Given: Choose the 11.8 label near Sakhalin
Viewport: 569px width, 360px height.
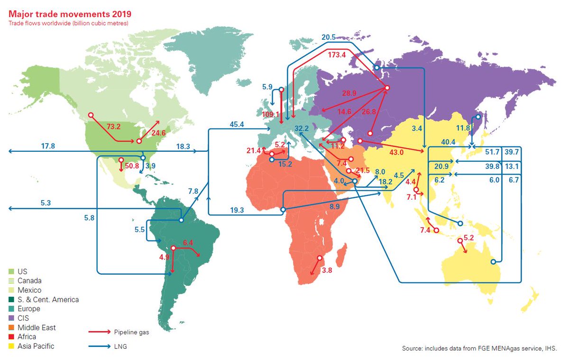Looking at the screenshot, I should pos(463,128).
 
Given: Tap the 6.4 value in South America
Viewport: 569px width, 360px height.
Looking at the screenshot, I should pos(188,243).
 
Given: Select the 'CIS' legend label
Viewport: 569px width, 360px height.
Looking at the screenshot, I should pos(23,318).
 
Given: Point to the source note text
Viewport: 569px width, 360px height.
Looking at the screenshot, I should pos(480,349).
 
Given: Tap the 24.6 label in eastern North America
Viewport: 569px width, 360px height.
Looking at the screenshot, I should pos(158,133).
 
